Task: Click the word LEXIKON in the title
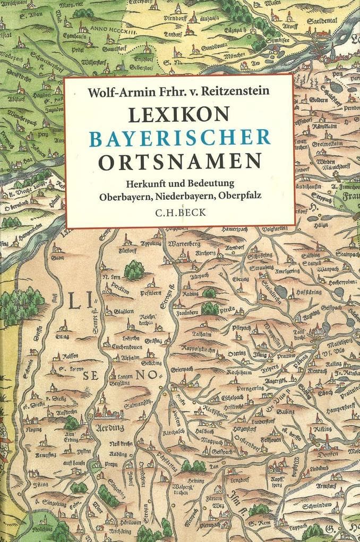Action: tap(179, 113)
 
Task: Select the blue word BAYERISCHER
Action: tap(179, 137)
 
